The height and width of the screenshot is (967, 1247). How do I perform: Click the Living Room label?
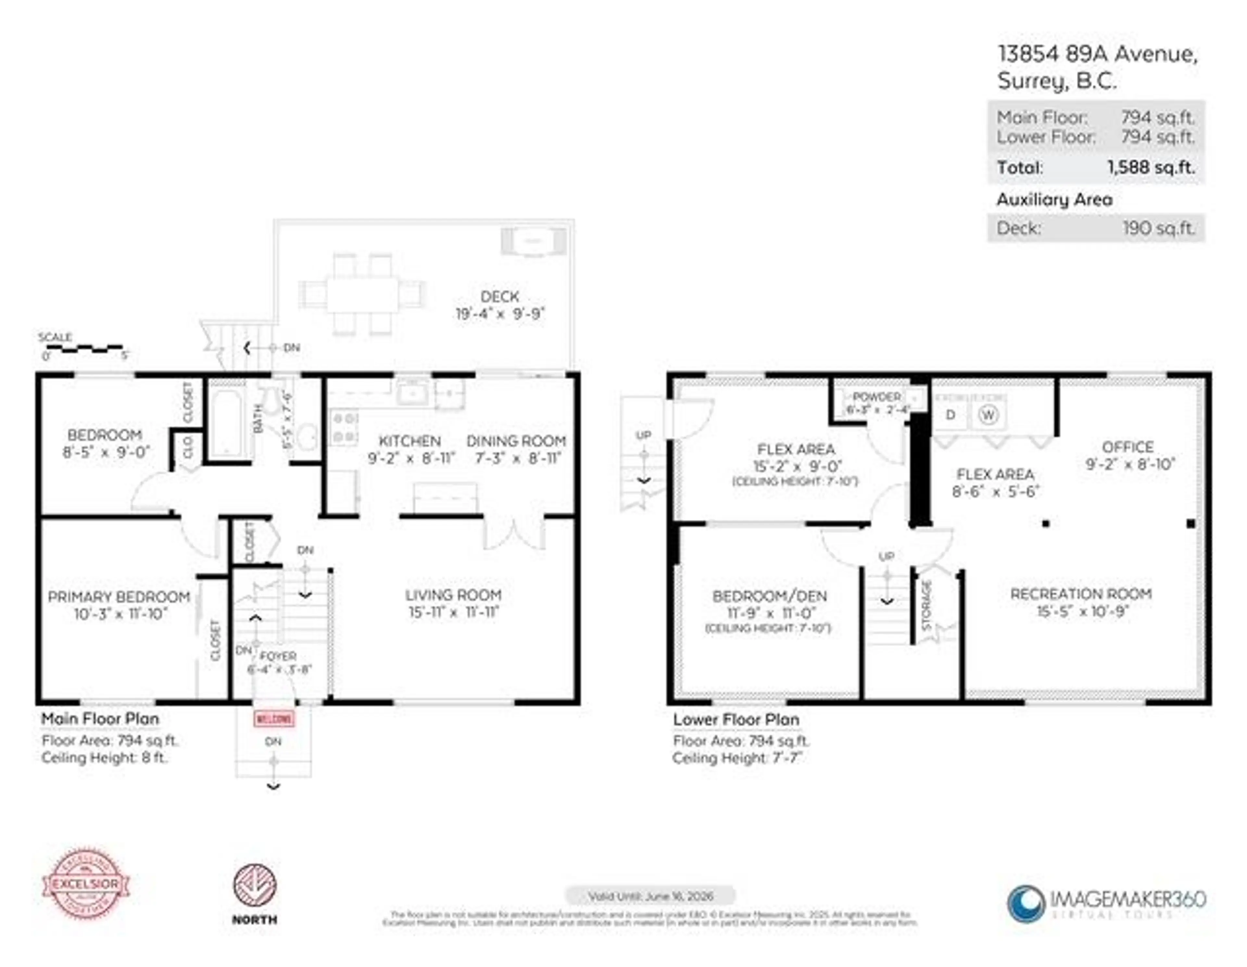[453, 595]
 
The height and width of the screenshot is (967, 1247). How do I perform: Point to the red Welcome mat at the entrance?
[274, 718]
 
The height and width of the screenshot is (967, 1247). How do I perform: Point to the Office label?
[1128, 447]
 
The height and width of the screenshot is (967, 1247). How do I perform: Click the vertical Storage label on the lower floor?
[927, 605]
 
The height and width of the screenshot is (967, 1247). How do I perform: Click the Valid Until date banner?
[650, 896]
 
